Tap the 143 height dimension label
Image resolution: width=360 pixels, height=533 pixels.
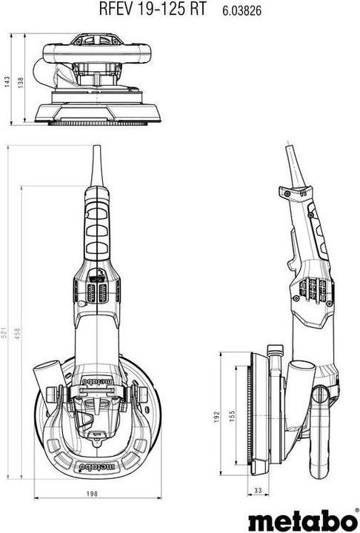click(9, 81)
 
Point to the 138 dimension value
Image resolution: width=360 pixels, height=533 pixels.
click(21, 81)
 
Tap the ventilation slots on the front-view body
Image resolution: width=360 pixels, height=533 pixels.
click(96, 290)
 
